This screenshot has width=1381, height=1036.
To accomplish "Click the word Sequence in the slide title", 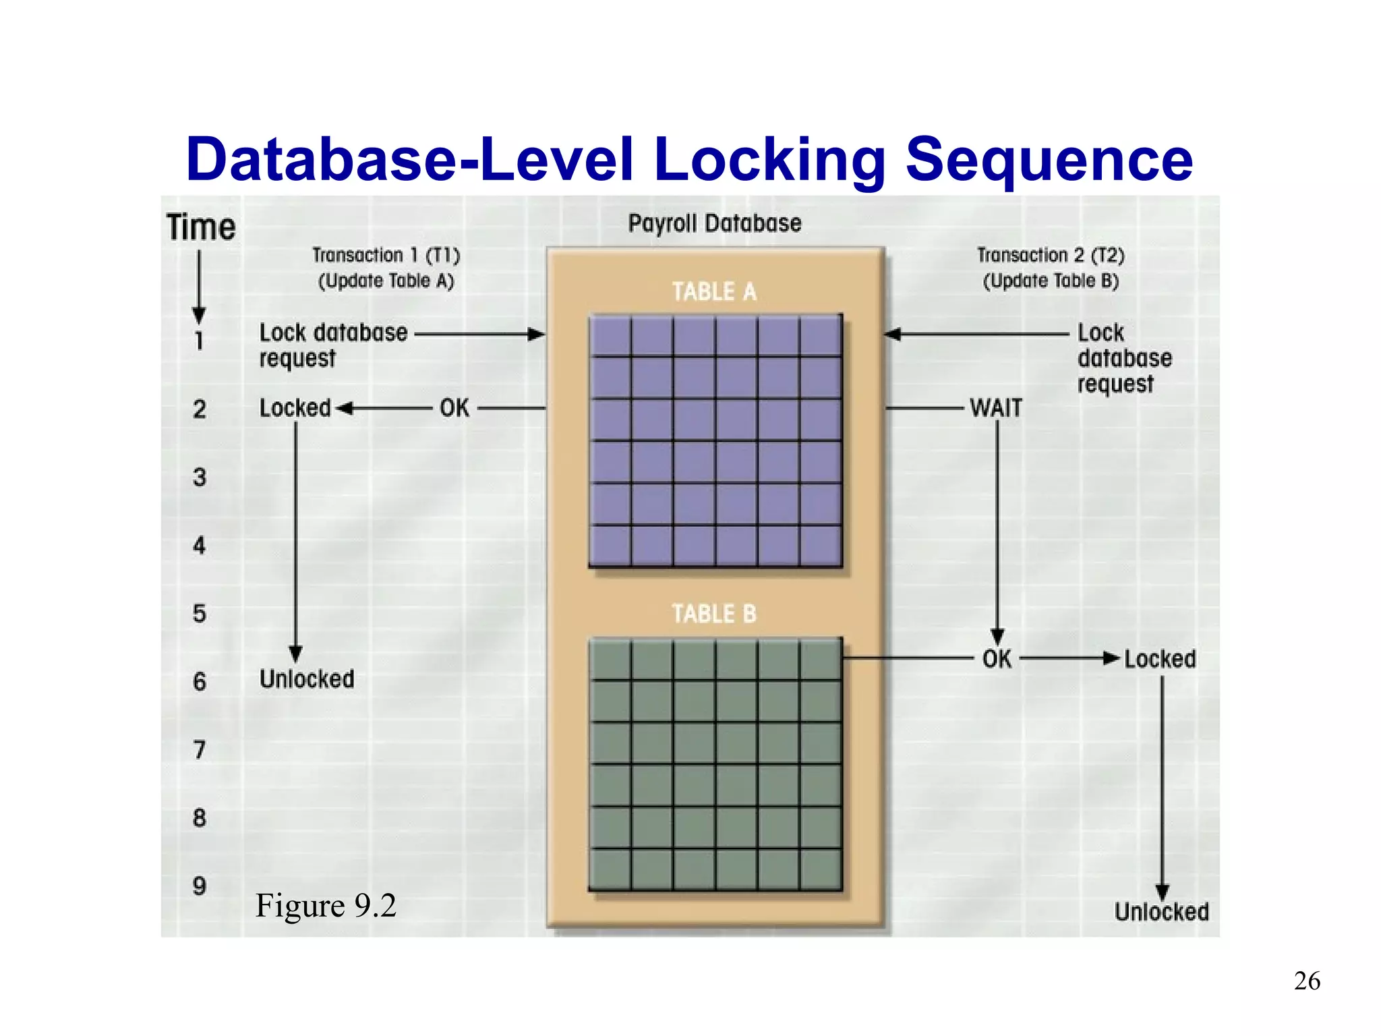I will [x=1049, y=160].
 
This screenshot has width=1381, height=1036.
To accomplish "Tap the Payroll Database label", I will [x=715, y=223].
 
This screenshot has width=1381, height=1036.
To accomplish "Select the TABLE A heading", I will [x=714, y=292].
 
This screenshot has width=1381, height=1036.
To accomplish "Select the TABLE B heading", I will [x=714, y=614].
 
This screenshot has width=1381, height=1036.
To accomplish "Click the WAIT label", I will [x=996, y=408].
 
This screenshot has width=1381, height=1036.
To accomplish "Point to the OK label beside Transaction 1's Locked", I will [x=454, y=408].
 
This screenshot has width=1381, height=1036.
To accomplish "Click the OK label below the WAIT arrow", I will [x=997, y=659].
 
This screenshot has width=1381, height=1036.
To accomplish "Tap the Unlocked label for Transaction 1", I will [x=307, y=679].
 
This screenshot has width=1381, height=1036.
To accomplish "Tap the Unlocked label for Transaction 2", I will [x=1161, y=912].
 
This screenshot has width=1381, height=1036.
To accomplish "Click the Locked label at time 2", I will [x=295, y=408].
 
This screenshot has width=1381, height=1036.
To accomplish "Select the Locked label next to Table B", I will [x=1160, y=659].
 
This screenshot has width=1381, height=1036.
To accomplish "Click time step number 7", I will [x=200, y=750].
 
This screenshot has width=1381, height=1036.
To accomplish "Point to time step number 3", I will [x=200, y=478].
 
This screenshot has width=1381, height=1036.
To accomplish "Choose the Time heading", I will [x=201, y=227].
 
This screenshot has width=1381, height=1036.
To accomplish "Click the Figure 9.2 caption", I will [x=326, y=905].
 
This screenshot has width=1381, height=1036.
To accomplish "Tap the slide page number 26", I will [x=1307, y=981].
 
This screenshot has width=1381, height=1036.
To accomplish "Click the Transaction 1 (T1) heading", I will [x=386, y=256].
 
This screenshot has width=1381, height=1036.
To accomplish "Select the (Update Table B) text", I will [x=1051, y=281].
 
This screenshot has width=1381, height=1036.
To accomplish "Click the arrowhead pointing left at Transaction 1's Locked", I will [x=345, y=408].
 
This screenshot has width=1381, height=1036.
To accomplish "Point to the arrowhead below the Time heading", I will [x=199, y=315].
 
